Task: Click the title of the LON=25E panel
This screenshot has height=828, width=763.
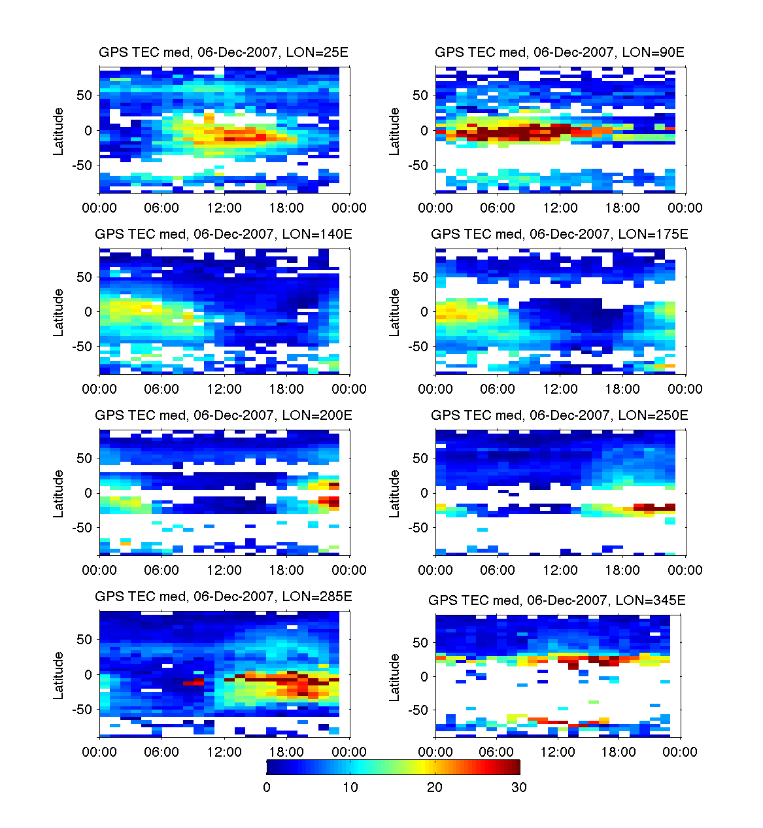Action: [x=224, y=52]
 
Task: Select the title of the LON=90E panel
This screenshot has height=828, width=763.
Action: [x=560, y=52]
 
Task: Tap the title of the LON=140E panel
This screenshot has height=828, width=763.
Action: [x=224, y=233]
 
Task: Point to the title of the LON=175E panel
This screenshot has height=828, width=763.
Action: [x=560, y=233]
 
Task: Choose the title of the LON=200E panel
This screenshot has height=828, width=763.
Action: [x=224, y=415]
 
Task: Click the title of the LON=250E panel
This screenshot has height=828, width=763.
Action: [x=560, y=415]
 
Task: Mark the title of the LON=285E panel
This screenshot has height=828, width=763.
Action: [x=224, y=596]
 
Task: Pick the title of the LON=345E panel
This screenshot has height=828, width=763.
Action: [x=557, y=600]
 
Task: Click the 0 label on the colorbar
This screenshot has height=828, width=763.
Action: [x=267, y=787]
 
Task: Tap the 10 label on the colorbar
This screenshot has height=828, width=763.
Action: [x=350, y=787]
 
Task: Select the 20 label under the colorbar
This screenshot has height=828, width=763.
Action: [x=435, y=787]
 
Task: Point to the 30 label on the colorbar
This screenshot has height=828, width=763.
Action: [x=518, y=787]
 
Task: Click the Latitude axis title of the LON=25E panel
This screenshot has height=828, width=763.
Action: [x=59, y=131]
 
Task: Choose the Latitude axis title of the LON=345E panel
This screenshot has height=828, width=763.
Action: [x=395, y=677]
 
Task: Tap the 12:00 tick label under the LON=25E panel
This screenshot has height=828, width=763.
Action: [x=224, y=208]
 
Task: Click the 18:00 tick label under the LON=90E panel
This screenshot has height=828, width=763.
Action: [x=622, y=208]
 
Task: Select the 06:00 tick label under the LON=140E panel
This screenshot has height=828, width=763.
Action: [x=161, y=389]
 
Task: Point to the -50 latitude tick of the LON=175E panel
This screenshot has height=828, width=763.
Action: [x=418, y=347]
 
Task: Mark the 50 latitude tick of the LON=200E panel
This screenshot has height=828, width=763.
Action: [x=84, y=458]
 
